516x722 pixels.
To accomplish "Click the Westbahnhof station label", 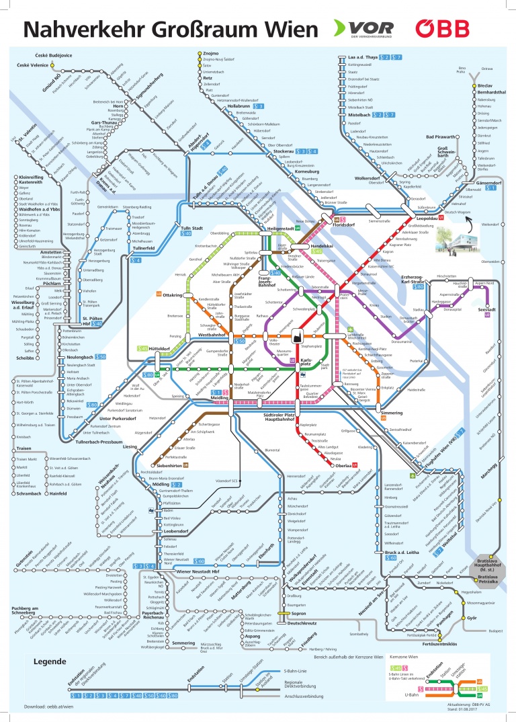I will (x=212, y=315).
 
